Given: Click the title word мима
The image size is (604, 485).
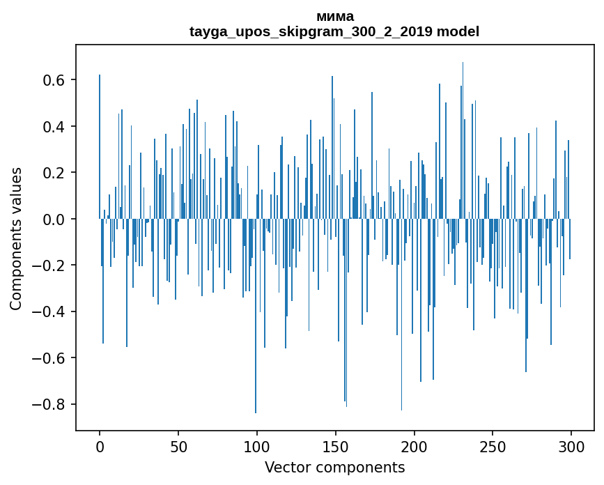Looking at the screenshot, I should (x=334, y=17).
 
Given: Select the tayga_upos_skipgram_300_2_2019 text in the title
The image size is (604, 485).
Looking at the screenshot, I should (x=311, y=32).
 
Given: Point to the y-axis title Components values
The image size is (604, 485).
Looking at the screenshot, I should (x=16, y=238).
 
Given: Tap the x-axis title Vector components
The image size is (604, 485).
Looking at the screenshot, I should (x=334, y=468).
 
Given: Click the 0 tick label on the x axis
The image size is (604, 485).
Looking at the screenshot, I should (x=100, y=446).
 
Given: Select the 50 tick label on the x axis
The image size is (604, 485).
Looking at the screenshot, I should (x=178, y=446).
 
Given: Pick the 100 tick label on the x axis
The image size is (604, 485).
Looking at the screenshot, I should (x=257, y=446).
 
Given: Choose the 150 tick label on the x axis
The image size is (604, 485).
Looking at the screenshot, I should (x=336, y=446).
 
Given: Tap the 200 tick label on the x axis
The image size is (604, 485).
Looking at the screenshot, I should (x=415, y=446).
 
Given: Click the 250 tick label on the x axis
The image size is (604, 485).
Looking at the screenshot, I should (x=493, y=446).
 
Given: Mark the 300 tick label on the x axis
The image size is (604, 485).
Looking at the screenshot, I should (x=571, y=446).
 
